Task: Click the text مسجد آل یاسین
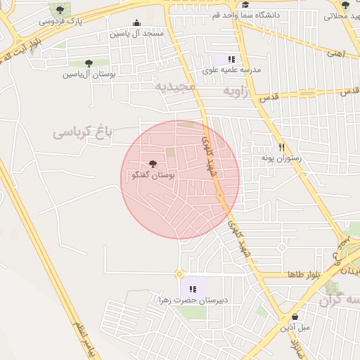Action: point(136,33)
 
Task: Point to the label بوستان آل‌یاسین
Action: point(89,74)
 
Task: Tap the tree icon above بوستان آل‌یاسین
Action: point(88,63)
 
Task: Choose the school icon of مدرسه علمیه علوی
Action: point(231,59)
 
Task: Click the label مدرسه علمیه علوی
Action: point(231,70)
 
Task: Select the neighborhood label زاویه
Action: point(237,91)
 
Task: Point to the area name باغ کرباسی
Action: point(83,131)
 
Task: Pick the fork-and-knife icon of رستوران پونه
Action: point(281,147)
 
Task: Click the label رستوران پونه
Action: point(281,158)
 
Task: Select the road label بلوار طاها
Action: point(304,274)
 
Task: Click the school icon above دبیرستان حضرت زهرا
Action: point(193,289)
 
